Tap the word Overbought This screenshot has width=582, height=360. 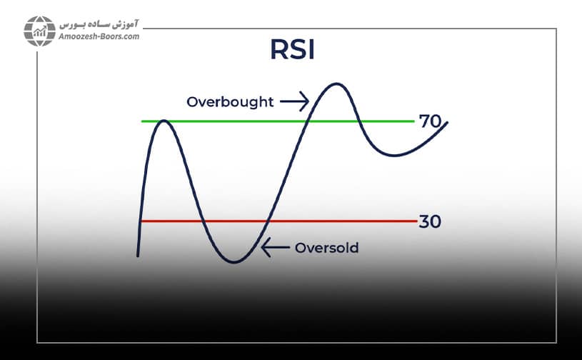[x=230, y=102]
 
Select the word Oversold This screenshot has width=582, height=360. [x=326, y=249]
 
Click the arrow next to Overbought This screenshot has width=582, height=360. [x=293, y=101]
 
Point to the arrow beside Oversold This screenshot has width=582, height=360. [x=276, y=249]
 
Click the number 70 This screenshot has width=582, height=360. [x=431, y=121]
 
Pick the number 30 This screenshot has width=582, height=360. [x=430, y=221]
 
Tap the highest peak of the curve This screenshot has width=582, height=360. [x=334, y=84]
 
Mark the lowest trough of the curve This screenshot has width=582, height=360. [x=234, y=262]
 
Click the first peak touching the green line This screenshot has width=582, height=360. [x=164, y=121]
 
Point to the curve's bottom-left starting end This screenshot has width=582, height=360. [x=137, y=254]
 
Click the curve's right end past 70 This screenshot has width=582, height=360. [x=447, y=123]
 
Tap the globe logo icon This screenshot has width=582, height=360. [x=39, y=30]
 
